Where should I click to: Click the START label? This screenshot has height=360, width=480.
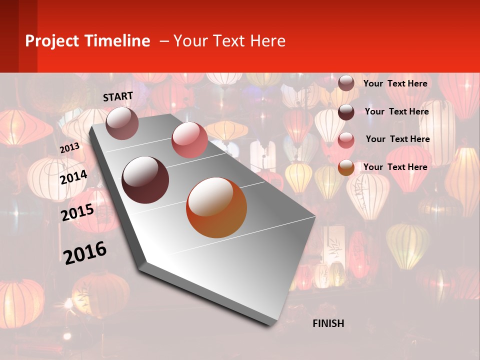118,96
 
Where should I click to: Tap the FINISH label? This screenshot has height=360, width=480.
328,323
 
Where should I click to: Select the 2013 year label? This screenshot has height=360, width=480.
69,148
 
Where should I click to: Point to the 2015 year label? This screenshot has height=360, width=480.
77,212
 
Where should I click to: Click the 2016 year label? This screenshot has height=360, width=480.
85,252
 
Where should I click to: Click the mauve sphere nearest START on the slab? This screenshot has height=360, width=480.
122,123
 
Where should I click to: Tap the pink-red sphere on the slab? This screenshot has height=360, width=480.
189,139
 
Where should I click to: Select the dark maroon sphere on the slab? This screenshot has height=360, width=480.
145,179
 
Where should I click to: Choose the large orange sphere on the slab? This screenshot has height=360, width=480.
216,207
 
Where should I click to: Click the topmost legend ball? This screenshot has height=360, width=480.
346,83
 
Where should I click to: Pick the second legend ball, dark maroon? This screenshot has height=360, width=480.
346,112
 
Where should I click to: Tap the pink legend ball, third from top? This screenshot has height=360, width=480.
346,140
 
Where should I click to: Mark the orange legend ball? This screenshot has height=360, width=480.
346,167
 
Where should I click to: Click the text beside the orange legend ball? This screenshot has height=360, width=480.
395,167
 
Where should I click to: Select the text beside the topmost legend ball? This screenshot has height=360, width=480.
395,83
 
